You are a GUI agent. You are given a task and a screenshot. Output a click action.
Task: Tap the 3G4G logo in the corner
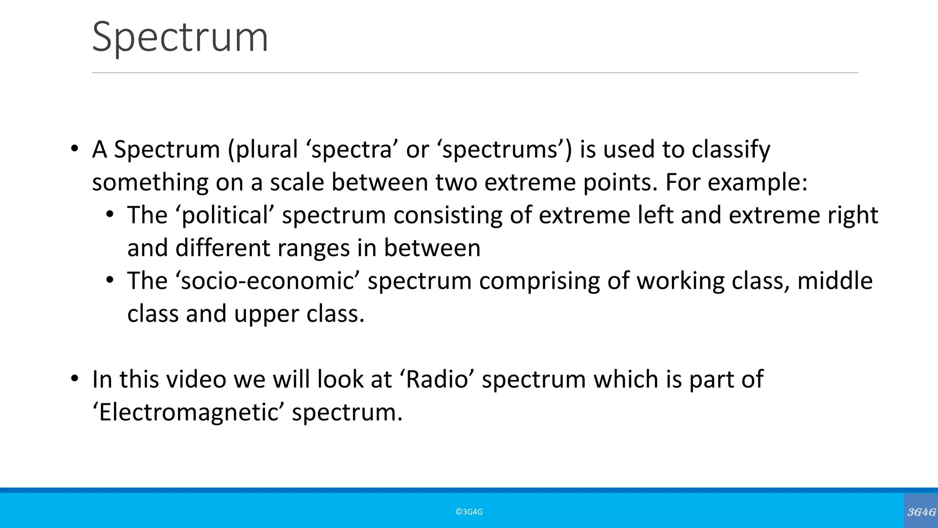click(x=921, y=512)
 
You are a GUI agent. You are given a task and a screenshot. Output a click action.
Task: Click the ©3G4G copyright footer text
click(x=469, y=512)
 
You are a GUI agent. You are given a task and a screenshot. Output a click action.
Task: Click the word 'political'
click(x=224, y=215)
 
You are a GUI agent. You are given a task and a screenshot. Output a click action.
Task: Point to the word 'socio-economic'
click(x=267, y=281)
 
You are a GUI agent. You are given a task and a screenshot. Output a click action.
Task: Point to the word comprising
click(x=540, y=281)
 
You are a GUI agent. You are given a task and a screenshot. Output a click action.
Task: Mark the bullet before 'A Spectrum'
click(x=74, y=149)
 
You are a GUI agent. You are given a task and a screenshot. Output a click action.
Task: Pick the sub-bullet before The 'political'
click(x=109, y=215)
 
